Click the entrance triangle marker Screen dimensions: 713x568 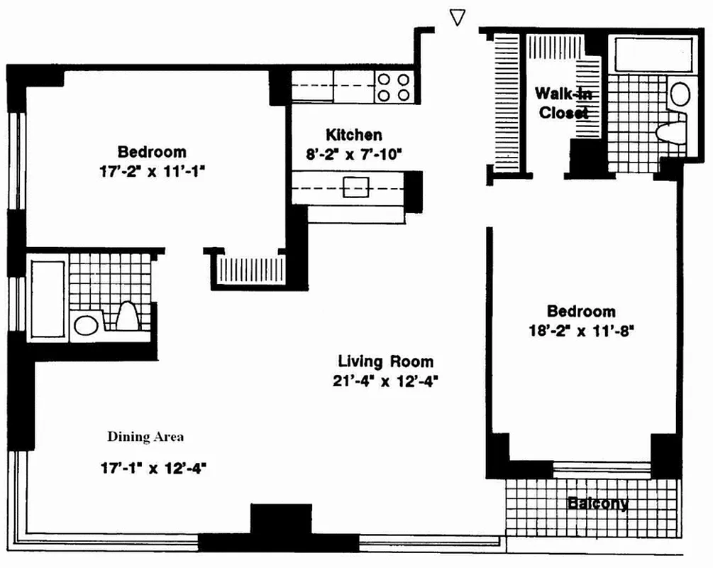click(x=458, y=17)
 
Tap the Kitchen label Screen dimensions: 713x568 click(x=354, y=135)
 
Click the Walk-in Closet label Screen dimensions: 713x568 click(x=563, y=103)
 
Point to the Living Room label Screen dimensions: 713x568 click(x=386, y=361)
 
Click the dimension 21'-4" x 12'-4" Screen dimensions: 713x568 click(x=385, y=381)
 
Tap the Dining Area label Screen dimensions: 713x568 click(x=145, y=437)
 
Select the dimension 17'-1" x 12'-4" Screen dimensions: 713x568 click(x=154, y=468)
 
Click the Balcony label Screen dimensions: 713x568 click(x=598, y=503)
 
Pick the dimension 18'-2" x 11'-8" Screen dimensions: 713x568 click(x=581, y=330)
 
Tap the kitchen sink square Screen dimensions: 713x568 click(x=355, y=187)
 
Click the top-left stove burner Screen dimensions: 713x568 click(x=385, y=80)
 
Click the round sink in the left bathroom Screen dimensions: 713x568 click(x=87, y=325)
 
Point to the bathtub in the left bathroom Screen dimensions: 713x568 click(x=48, y=299)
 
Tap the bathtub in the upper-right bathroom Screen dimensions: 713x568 click(x=653, y=55)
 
